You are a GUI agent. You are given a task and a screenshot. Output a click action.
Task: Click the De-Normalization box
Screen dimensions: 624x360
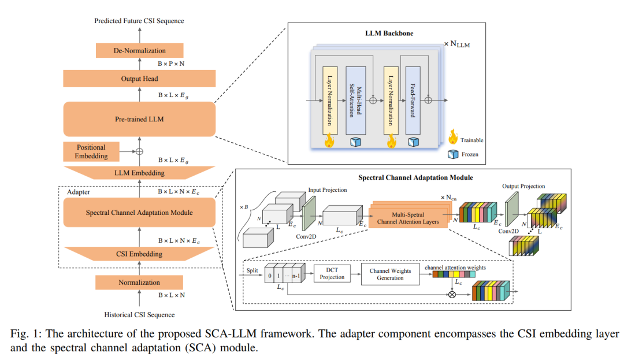(139, 50)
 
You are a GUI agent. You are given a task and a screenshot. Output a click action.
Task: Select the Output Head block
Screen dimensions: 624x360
(139, 79)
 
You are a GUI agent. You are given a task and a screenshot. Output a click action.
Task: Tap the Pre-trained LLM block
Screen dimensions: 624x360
(139, 119)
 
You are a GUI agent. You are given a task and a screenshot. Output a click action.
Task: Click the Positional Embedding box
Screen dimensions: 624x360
(91, 151)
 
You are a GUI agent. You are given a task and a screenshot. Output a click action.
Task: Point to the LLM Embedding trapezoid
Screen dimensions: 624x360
(139, 173)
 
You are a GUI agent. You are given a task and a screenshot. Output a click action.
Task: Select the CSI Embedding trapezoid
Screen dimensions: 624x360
(139, 254)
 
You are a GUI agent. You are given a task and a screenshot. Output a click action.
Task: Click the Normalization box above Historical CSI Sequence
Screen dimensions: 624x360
(139, 283)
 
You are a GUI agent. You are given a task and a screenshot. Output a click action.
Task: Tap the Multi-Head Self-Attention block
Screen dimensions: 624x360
(356, 101)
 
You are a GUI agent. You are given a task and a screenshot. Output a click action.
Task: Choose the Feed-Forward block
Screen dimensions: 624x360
(413, 101)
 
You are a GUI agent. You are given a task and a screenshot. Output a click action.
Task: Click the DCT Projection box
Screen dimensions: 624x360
(332, 274)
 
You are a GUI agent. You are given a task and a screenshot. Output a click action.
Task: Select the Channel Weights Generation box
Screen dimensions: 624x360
(391, 274)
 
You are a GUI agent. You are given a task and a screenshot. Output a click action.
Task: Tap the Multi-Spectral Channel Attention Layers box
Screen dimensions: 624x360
(408, 218)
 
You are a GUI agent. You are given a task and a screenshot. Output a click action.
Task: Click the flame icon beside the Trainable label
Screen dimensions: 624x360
(453, 137)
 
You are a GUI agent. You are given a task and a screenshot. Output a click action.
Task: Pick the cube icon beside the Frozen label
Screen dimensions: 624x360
(453, 154)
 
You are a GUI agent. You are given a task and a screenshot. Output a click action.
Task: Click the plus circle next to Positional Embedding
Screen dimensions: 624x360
(139, 151)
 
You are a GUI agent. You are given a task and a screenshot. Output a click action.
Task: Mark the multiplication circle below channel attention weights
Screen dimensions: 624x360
(452, 295)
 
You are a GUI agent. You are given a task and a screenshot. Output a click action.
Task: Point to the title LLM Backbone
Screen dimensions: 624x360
(389, 34)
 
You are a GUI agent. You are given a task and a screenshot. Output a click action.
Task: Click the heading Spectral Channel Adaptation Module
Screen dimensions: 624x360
(415, 177)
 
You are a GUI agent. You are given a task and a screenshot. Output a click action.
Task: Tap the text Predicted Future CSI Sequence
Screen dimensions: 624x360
(139, 21)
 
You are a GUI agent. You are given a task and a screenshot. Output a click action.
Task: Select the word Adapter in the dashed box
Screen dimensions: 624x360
(79, 192)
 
